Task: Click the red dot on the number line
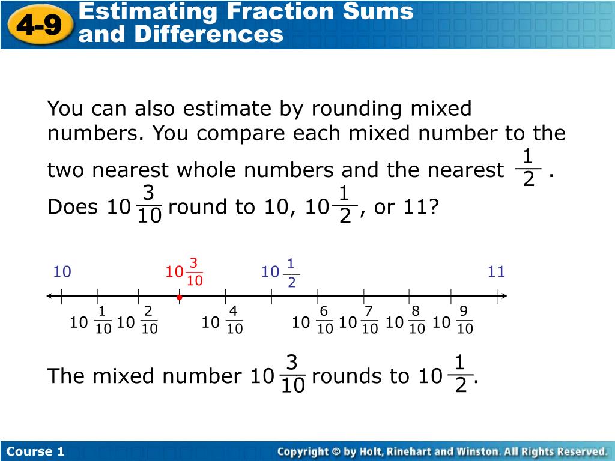[179, 297]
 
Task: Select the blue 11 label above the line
[496, 273]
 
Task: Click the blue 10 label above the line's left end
[62, 273]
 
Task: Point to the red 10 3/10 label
[184, 273]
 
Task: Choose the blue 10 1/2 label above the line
[280, 273]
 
